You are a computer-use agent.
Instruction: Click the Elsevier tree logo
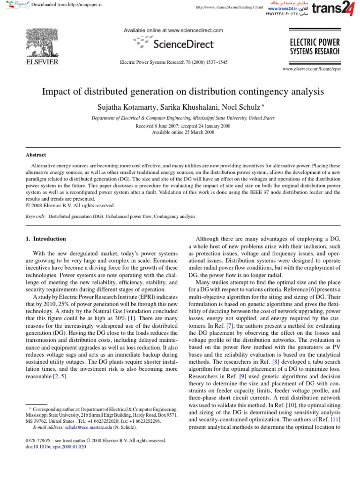tap(41, 42)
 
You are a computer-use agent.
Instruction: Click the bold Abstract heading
tap(36, 155)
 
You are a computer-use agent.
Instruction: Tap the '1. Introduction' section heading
tap(46, 239)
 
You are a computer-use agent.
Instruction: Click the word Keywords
tap(36, 217)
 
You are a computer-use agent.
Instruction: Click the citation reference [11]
tap(335, 420)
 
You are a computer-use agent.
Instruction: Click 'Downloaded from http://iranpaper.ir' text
tap(67, 4)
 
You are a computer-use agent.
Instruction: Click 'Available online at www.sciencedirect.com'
tap(173, 30)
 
